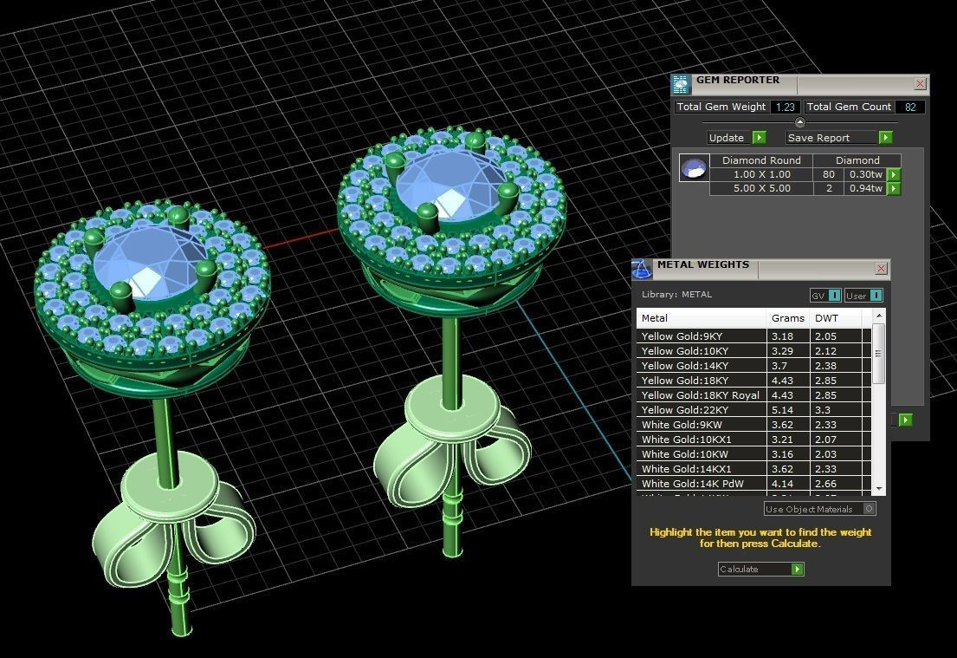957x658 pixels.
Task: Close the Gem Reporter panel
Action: tap(920, 84)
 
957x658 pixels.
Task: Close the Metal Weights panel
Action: tap(881, 269)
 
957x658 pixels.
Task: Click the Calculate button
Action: tap(760, 570)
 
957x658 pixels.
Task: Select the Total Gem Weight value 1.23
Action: tap(785, 107)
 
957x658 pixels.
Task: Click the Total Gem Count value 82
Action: tap(910, 107)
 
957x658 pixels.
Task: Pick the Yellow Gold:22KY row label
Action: tap(685, 410)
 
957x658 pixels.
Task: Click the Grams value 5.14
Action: tap(782, 410)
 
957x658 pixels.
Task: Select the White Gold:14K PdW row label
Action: tap(693, 484)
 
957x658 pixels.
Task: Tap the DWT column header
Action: tap(827, 318)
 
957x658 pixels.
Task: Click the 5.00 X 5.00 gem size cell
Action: tap(762, 188)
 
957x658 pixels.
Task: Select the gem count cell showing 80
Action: tap(829, 174)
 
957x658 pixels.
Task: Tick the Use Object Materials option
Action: tap(870, 509)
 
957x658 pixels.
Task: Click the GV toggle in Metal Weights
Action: tap(824, 296)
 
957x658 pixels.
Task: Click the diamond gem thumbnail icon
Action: tap(694, 167)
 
